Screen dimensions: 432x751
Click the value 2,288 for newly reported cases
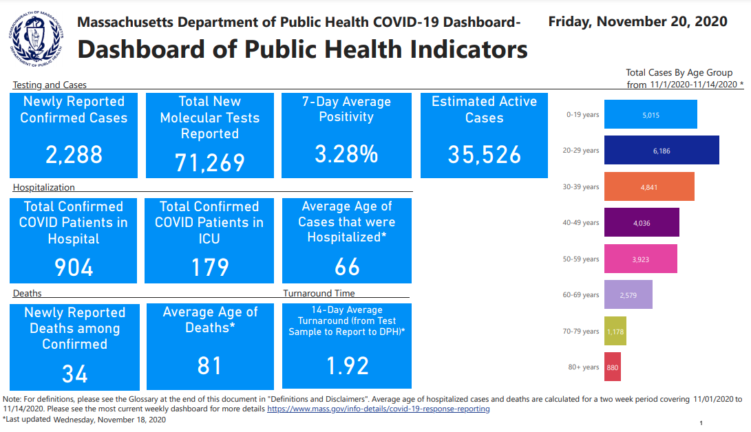click(x=74, y=154)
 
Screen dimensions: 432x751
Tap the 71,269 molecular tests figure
click(x=209, y=162)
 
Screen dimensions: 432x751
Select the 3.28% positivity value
click(x=346, y=154)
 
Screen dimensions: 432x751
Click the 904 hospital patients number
click(x=74, y=267)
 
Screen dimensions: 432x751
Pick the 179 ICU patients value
click(x=209, y=267)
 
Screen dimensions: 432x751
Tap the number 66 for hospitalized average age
click(x=347, y=267)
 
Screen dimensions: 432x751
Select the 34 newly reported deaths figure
click(x=74, y=374)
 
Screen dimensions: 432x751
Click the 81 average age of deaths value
click(x=209, y=365)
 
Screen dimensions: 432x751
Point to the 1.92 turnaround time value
click(x=347, y=365)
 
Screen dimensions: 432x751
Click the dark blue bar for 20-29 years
click(x=662, y=150)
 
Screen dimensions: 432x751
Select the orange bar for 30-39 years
click(x=649, y=186)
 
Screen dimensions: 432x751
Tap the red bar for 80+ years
click(x=612, y=367)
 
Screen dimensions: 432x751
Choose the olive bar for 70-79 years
click(x=615, y=331)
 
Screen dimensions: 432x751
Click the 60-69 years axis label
click(x=581, y=295)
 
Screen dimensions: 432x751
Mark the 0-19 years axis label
click(x=582, y=115)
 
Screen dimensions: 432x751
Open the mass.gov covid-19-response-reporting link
click(x=378, y=409)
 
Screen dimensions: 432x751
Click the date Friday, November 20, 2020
click(x=637, y=21)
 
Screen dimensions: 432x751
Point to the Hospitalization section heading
click(x=44, y=187)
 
